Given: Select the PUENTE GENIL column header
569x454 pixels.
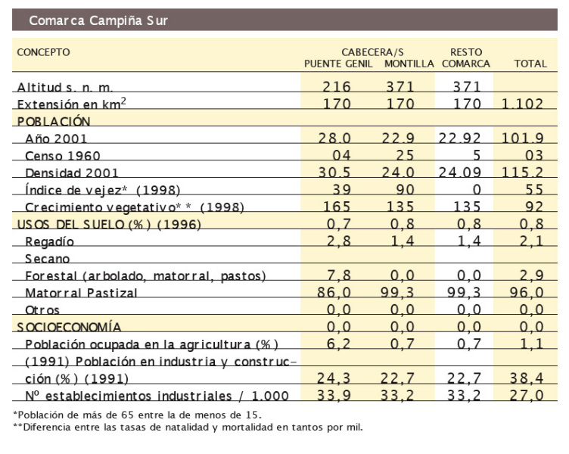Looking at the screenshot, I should [x=338, y=64].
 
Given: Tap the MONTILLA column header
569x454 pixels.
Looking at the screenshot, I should [x=409, y=64].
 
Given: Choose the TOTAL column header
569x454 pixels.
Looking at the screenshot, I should [x=530, y=64].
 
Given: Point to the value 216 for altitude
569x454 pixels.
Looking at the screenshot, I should [x=337, y=87].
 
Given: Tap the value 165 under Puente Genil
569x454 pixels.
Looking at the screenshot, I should [x=337, y=207].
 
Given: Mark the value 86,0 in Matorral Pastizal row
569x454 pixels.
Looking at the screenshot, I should [x=337, y=293].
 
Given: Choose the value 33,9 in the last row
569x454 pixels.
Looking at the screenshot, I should [x=337, y=396].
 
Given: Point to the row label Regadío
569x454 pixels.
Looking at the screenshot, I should [x=51, y=241].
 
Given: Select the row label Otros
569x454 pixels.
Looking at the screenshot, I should [x=42, y=310].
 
